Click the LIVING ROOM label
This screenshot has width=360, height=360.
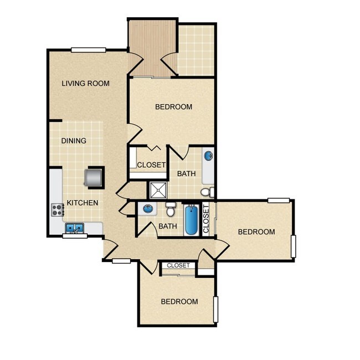coord(85,84)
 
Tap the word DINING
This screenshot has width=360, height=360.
coord(74,141)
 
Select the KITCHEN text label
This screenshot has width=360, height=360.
coord(83,203)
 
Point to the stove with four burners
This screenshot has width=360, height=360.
coord(56,209)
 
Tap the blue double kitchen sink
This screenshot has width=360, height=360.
coord(74,228)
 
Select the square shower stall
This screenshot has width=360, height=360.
coord(158,190)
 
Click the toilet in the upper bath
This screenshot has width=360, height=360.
coord(207,192)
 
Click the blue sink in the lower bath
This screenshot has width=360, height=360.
coord(147,209)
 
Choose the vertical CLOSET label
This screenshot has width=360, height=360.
coord(207,219)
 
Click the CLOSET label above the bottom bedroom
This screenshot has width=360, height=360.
coord(178,266)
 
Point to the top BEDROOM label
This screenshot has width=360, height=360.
coord(173,107)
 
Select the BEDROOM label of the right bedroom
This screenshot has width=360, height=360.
coord(256,232)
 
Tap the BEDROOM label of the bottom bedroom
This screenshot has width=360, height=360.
coord(179,302)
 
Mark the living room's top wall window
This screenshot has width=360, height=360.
coord(89,50)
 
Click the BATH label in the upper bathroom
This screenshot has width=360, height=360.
coord(186,174)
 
